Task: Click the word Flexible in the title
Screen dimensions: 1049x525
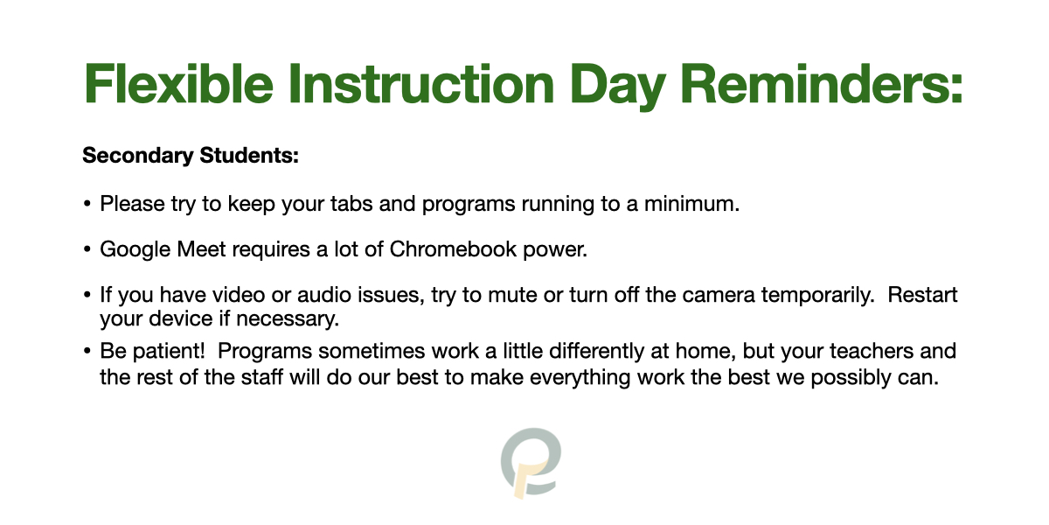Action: tap(178, 84)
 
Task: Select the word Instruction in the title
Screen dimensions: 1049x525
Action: tap(421, 84)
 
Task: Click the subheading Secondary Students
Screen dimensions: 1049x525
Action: tap(191, 156)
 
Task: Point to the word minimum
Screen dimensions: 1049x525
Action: tap(691, 204)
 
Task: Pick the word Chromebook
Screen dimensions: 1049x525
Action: tap(453, 248)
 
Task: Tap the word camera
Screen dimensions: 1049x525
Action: tap(719, 295)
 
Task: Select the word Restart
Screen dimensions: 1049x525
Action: tap(922, 295)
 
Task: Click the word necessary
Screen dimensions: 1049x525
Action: tap(287, 319)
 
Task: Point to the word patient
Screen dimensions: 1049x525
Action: tap(169, 352)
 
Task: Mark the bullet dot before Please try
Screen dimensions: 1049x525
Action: tap(87, 204)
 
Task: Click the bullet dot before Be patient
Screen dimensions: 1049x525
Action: tap(87, 351)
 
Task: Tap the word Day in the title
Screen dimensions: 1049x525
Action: tap(618, 87)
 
